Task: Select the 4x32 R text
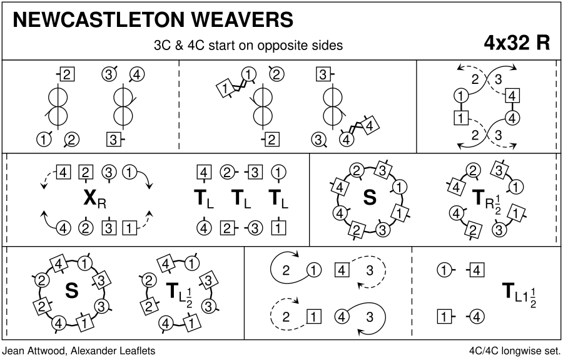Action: click(x=517, y=43)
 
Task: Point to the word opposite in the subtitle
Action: click(x=275, y=46)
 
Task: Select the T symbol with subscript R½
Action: click(x=480, y=198)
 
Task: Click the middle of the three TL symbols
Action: click(x=238, y=199)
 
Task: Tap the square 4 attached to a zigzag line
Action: click(x=371, y=126)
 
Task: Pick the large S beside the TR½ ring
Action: click(x=370, y=198)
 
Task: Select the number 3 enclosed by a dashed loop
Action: click(x=369, y=271)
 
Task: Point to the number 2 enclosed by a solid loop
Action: click(x=285, y=271)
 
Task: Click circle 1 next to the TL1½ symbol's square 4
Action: click(x=444, y=270)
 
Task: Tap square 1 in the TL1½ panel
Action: click(x=444, y=316)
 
